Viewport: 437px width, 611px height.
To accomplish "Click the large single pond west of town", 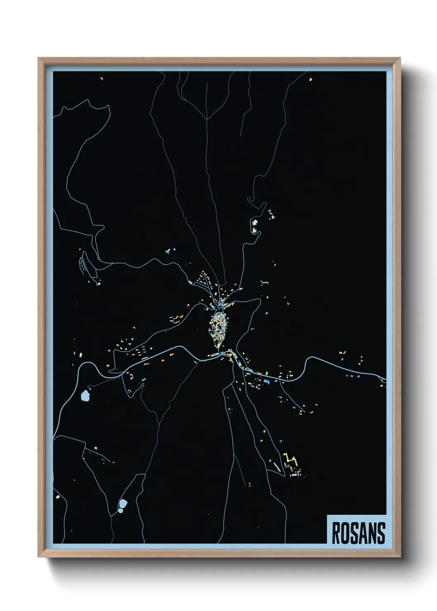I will click(x=85, y=396).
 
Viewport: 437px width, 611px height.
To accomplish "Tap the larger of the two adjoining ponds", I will click(x=123, y=504).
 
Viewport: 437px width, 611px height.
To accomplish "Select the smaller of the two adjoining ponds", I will click(x=120, y=511).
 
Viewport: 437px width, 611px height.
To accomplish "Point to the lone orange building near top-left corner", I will click(x=102, y=78).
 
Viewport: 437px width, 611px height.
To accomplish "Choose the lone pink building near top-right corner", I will click(x=311, y=79).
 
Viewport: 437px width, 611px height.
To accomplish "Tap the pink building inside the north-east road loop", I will click(x=255, y=223).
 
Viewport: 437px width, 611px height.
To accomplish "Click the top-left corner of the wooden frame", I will click(x=38, y=58).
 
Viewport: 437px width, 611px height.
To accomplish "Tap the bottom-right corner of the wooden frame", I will click(x=400, y=557).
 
